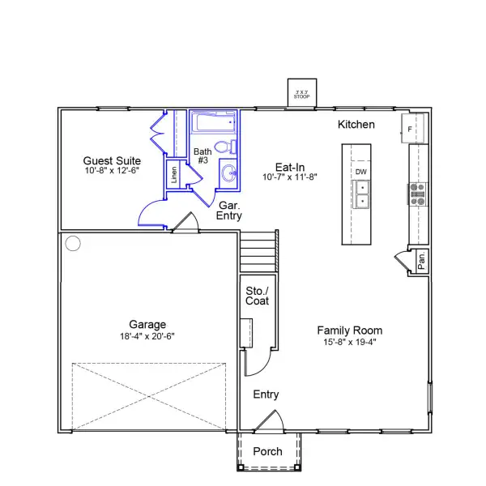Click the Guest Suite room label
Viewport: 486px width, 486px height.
click(112, 160)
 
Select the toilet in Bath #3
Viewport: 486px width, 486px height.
click(232, 147)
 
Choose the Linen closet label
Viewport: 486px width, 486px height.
click(174, 175)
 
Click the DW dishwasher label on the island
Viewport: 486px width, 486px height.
click(360, 172)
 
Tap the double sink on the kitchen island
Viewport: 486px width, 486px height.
click(361, 194)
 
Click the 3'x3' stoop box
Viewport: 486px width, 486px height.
click(302, 93)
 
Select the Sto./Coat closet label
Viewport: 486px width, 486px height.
click(257, 296)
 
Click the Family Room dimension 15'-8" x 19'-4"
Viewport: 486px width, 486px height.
click(349, 342)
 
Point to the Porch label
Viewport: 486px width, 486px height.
click(268, 451)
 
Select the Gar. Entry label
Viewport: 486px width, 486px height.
click(227, 211)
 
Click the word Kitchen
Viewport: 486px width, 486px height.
click(356, 125)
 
